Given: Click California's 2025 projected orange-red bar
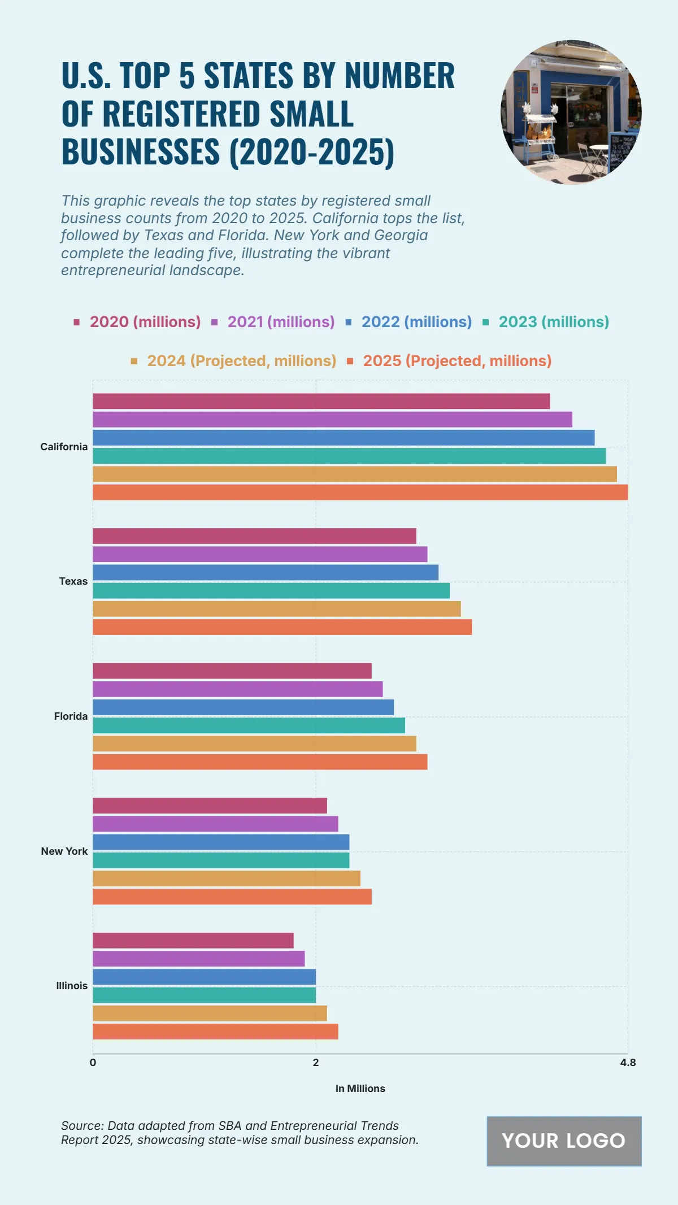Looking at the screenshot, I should tap(360, 492).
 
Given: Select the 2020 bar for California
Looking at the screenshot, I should tap(321, 401).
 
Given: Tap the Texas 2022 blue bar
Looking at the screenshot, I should tap(266, 572).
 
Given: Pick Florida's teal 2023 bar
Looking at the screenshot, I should tap(249, 725).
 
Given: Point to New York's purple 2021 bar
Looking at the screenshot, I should tap(215, 824).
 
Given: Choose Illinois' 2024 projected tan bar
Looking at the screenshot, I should tap(210, 1013).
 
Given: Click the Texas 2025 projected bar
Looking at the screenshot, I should tap(282, 627).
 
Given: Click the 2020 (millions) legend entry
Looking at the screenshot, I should tap(137, 322).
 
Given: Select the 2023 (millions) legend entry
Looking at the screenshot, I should tap(546, 322).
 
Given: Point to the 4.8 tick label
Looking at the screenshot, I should tap(628, 1063).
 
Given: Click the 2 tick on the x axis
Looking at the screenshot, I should tap(316, 1063).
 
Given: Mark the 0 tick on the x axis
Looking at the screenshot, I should tap(93, 1063).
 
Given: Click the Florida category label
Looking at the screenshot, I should tap(71, 716).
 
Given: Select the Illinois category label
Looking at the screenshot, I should tap(72, 986).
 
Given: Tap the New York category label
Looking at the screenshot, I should tap(64, 851).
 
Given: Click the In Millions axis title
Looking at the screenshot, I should tap(360, 1089).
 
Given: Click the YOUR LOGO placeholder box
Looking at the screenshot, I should tap(564, 1141).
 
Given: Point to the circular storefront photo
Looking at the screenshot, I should tap(571, 112).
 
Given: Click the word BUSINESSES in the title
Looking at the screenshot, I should tap(140, 152).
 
